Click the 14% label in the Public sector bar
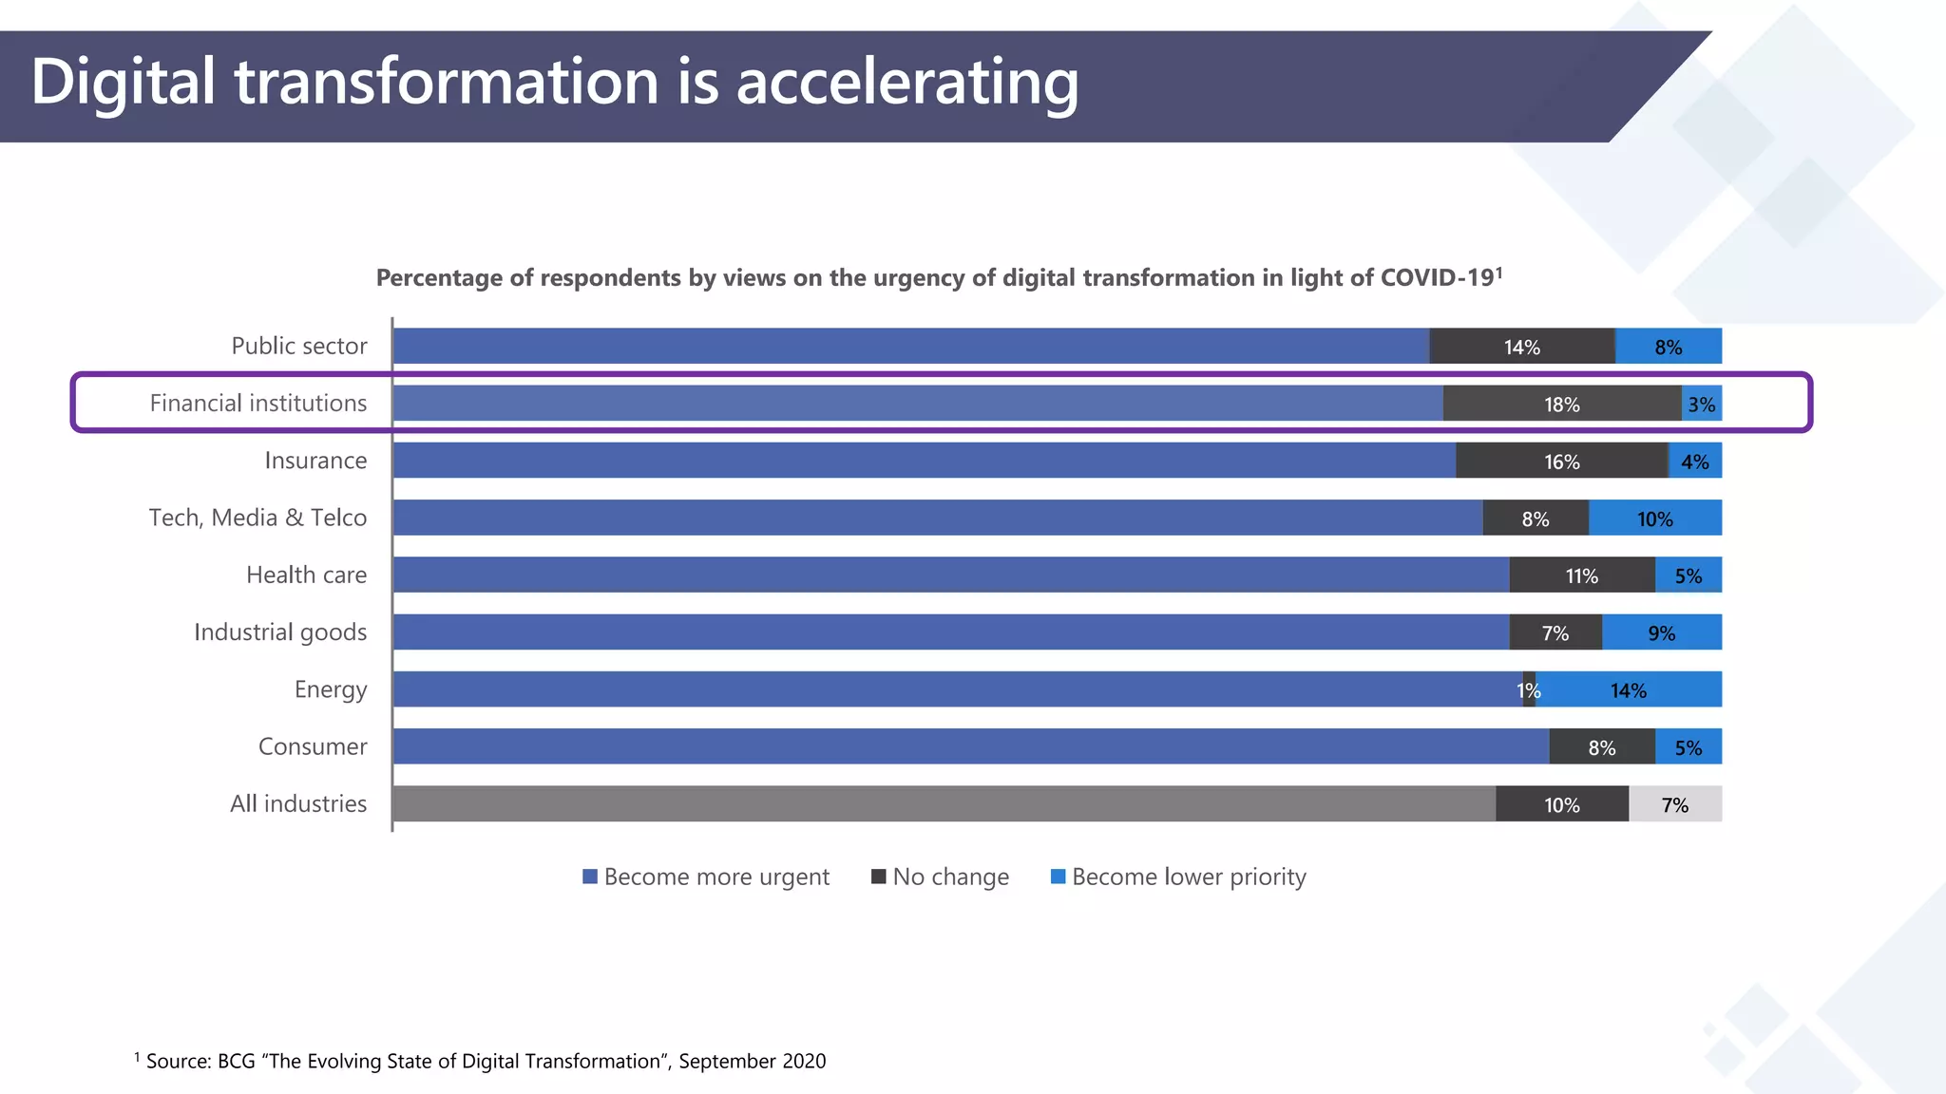(x=1521, y=348)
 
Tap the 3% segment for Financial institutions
(x=1701, y=405)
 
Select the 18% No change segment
(x=1561, y=405)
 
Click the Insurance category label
(x=315, y=461)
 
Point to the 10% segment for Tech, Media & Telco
(x=1654, y=519)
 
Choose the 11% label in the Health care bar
(x=1581, y=576)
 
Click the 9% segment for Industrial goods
(x=1661, y=633)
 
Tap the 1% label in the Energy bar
(x=1528, y=690)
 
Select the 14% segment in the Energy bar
(x=1629, y=690)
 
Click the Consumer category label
(x=313, y=746)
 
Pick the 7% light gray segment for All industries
(x=1674, y=805)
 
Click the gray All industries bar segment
(x=943, y=803)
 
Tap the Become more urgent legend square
(x=590, y=877)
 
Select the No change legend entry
(x=940, y=877)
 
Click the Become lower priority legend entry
(x=1178, y=877)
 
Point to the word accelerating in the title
(x=907, y=83)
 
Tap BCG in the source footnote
(x=236, y=1061)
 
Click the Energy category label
(x=330, y=689)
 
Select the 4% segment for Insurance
(x=1694, y=462)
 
